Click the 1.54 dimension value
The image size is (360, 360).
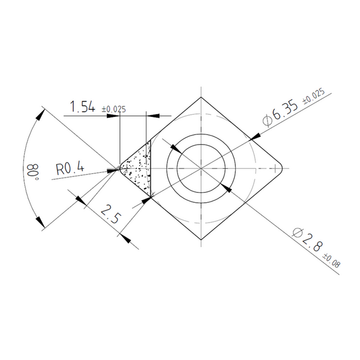coord(82,107)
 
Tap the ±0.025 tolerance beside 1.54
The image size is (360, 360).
coord(114,109)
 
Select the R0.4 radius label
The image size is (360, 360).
coord(70,168)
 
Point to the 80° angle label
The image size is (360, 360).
coord(31,172)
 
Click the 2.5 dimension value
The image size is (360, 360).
coord(110,214)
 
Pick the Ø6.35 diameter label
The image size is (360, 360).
coord(280,113)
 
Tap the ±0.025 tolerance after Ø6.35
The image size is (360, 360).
coord(314,97)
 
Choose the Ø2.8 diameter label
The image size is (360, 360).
coord(307,240)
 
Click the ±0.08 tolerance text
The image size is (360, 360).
coord(331,260)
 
